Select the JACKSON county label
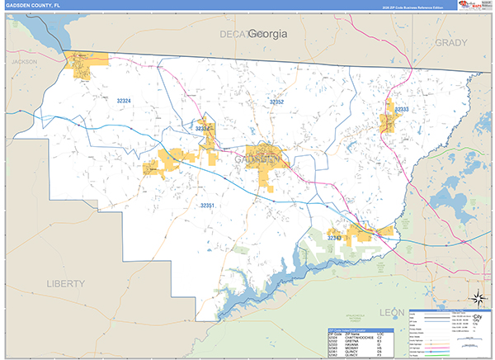25,62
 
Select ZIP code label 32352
276,102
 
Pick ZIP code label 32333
401,109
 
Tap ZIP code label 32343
333,238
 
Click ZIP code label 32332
202,129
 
